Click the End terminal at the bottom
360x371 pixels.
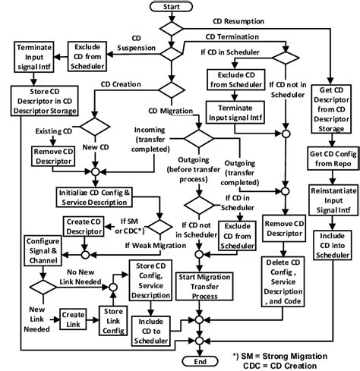(199, 363)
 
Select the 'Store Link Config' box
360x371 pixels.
(112, 316)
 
